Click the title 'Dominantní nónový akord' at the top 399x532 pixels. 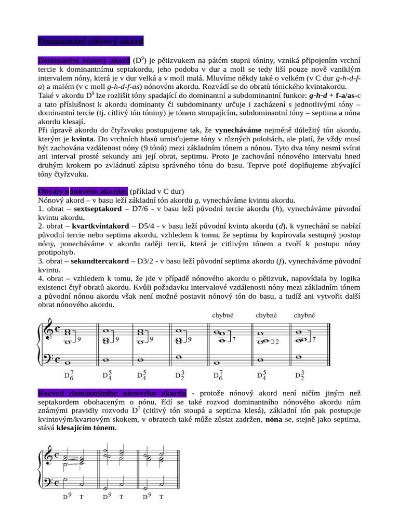(91, 41)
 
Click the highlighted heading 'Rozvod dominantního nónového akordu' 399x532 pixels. (112, 393)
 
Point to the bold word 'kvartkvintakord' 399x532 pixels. (100, 227)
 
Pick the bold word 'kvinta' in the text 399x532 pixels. (82, 139)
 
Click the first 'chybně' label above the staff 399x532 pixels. (223, 315)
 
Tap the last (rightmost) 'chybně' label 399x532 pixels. (304, 315)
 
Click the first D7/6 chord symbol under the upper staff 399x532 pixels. (69, 375)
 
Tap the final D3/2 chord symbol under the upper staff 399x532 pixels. (300, 375)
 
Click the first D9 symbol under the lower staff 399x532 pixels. (66, 496)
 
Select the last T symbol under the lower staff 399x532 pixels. (161, 497)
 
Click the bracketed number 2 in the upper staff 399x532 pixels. (277, 342)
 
